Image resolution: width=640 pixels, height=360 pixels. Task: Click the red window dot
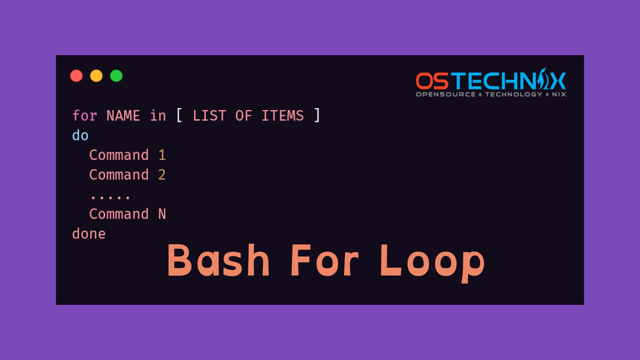(76, 76)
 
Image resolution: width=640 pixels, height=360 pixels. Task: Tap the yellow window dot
(96, 76)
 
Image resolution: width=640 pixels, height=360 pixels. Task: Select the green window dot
(116, 76)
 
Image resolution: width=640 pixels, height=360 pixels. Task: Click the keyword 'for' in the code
(84, 116)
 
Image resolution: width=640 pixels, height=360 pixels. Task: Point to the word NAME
(123, 116)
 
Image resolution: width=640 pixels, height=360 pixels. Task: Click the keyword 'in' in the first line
(158, 116)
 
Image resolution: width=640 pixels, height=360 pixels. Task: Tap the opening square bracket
(179, 116)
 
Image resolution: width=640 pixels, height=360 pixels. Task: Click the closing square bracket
(316, 116)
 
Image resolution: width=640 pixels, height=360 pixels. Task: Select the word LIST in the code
(209, 116)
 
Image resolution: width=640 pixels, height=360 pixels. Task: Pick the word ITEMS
(282, 116)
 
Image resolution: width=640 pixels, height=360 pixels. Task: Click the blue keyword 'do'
(80, 135)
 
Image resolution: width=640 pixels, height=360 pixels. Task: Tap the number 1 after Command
(162, 155)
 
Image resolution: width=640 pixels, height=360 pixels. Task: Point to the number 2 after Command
(162, 175)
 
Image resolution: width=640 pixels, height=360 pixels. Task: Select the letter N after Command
(162, 214)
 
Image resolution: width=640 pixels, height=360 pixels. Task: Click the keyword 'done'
(89, 234)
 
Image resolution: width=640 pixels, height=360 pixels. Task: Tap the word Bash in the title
(218, 260)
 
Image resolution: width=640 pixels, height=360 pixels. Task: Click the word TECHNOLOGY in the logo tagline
(513, 94)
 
